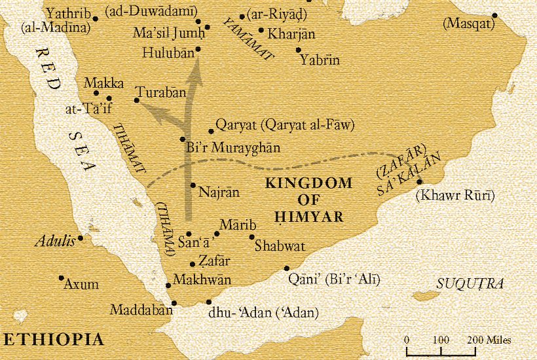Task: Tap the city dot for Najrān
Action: pyautogui.click(x=193, y=185)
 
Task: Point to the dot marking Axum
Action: pyautogui.click(x=61, y=278)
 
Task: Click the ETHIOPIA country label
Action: pyautogui.click(x=53, y=339)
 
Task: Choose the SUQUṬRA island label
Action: pyautogui.click(x=470, y=283)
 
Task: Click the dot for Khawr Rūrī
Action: pyautogui.click(x=420, y=182)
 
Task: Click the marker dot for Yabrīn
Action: pyautogui.click(x=298, y=50)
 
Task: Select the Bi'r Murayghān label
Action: pyautogui.click(x=232, y=148)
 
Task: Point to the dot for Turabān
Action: pyautogui.click(x=136, y=100)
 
